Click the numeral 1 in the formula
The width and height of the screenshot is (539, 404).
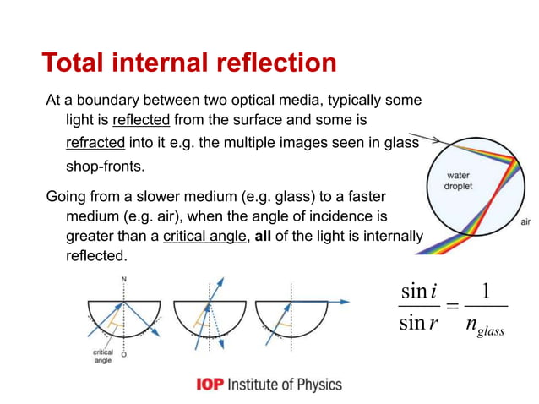click(484, 291)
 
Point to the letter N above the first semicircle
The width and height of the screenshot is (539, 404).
click(124, 278)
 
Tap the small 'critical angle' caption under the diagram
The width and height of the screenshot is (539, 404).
click(101, 356)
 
